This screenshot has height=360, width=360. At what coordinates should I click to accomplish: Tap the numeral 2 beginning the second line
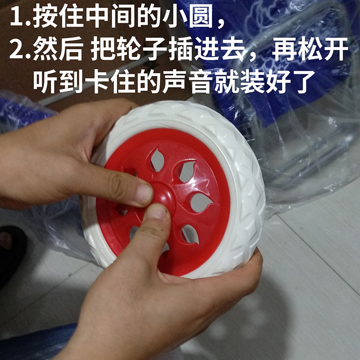coord(17,49)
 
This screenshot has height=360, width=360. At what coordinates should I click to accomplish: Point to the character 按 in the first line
coord(45,16)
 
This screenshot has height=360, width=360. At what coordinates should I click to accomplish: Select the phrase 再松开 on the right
coord(310,49)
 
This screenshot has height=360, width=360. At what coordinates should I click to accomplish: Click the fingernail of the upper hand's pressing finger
coord(144,194)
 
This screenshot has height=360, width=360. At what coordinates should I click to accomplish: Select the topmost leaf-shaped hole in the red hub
coord(157,160)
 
